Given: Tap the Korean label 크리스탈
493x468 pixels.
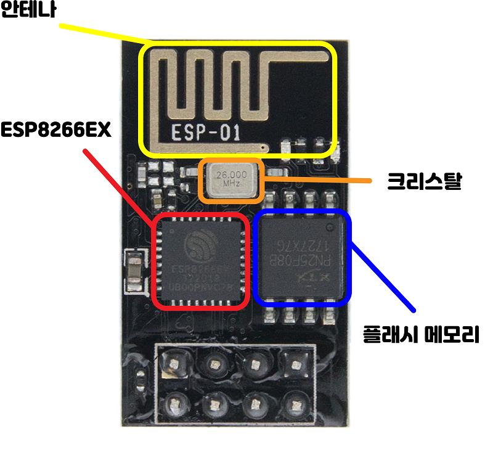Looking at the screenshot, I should [x=424, y=181].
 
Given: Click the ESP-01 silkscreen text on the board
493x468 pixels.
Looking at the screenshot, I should [x=204, y=133].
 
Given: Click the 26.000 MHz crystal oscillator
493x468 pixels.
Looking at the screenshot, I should [x=232, y=180].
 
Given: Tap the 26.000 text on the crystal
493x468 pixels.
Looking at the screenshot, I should [x=232, y=174].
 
